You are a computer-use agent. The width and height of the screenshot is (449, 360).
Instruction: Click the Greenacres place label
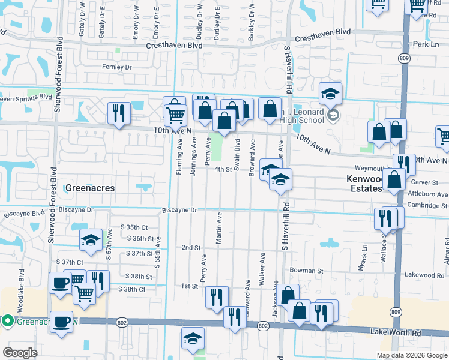pos(91,188)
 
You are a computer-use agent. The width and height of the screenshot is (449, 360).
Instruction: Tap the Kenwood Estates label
pos(364,184)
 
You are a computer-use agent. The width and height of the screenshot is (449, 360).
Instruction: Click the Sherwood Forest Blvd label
pos(58,76)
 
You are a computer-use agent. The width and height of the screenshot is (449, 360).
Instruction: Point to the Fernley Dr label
pos(116,67)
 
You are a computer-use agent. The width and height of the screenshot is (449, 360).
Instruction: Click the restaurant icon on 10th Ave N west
pos(118,113)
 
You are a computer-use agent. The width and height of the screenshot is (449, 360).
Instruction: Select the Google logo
pos(20,353)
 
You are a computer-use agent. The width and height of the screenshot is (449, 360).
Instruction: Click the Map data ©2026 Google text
pos(411,355)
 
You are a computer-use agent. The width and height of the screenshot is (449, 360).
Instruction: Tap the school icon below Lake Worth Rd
pos(193,338)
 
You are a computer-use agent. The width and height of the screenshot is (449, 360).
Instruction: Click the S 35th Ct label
pos(134,227)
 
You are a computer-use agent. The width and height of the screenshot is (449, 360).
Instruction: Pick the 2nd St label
pos(191,247)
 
